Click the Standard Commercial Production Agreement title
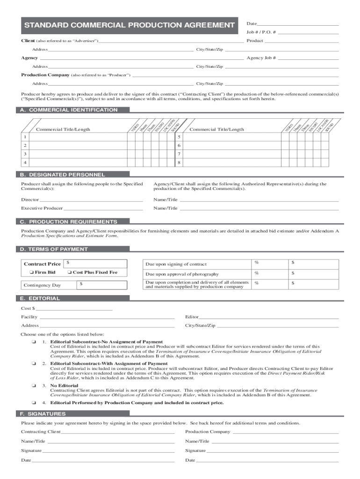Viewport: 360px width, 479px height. click(x=129, y=25)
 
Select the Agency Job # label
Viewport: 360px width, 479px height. click(x=261, y=58)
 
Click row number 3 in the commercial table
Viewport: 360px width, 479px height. click(x=25, y=154)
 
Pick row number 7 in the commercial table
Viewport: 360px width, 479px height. click(x=179, y=154)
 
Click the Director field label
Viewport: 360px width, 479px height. click(x=30, y=200)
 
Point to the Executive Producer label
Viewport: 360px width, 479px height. click(x=42, y=208)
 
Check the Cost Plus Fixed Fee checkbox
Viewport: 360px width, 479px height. click(x=69, y=272)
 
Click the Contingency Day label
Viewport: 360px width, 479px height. click(x=43, y=285)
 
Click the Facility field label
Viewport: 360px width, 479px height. click(x=29, y=317)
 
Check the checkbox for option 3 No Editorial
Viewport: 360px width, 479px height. click(x=34, y=385)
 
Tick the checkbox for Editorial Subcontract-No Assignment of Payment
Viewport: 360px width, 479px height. click(x=34, y=342)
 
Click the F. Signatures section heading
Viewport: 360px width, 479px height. click(x=43, y=414)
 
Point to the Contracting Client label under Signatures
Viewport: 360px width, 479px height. click(x=41, y=432)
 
